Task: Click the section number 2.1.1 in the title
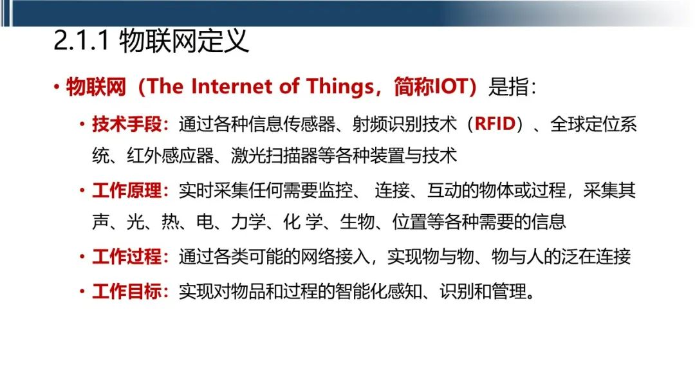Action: (x=82, y=41)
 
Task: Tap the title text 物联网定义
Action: (x=184, y=41)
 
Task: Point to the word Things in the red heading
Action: (x=340, y=87)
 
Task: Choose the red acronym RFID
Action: (x=495, y=124)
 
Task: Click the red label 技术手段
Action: (x=127, y=124)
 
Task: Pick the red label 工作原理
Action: (x=127, y=190)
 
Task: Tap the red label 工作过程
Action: (x=127, y=257)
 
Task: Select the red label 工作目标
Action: (x=127, y=292)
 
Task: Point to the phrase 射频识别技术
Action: (x=404, y=124)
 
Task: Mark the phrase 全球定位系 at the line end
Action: (x=593, y=124)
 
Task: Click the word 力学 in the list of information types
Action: (x=248, y=222)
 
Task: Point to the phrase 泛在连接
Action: (x=595, y=257)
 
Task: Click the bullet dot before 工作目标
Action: (x=82, y=291)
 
